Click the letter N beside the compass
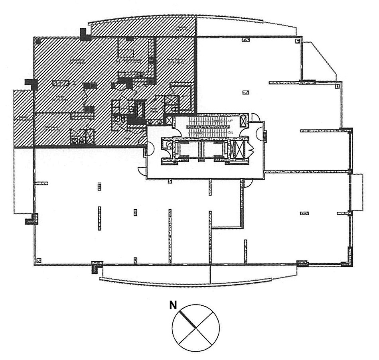click(x=173, y=306)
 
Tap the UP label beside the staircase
click(x=230, y=121)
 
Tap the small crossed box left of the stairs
click(x=169, y=120)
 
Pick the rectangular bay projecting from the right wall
click(x=357, y=192)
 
